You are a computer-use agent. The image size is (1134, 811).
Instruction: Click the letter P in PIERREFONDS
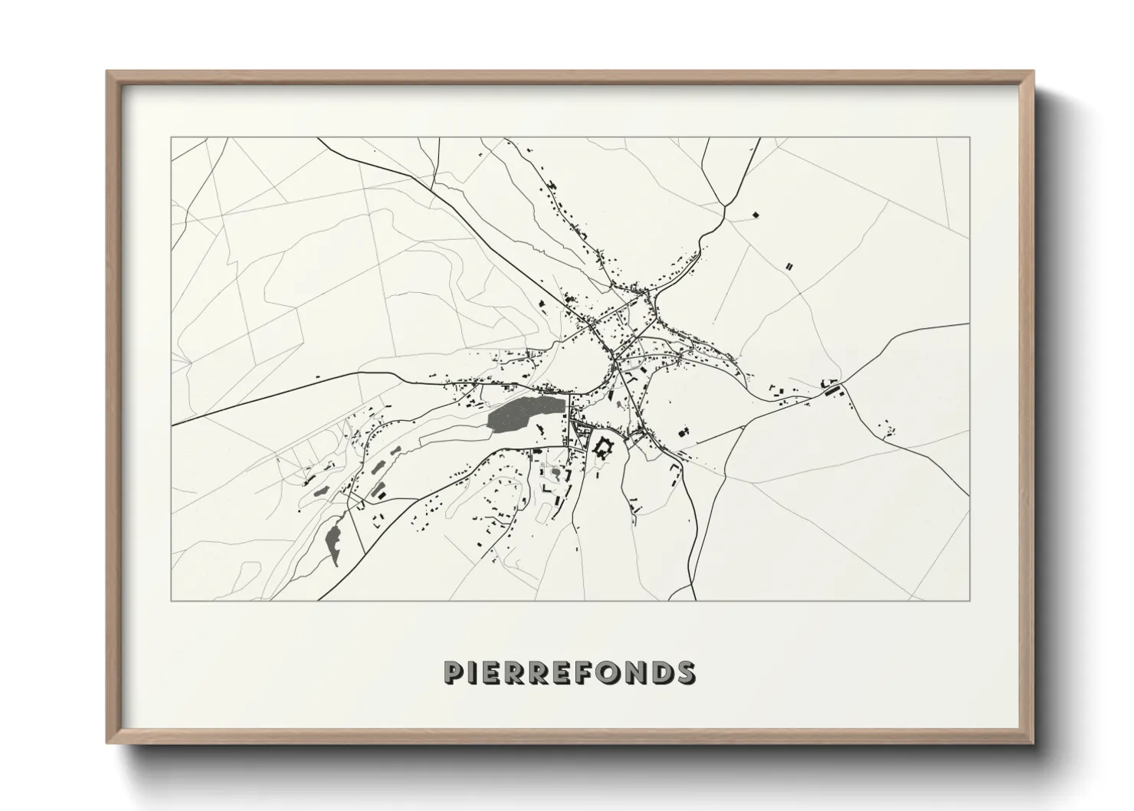454,672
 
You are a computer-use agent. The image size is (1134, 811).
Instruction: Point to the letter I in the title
474,672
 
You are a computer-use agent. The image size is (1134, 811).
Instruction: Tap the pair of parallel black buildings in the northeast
789,266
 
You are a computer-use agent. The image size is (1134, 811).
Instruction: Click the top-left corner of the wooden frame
109,74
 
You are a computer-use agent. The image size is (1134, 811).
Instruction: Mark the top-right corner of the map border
969,138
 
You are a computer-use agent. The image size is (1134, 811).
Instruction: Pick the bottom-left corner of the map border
172,600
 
